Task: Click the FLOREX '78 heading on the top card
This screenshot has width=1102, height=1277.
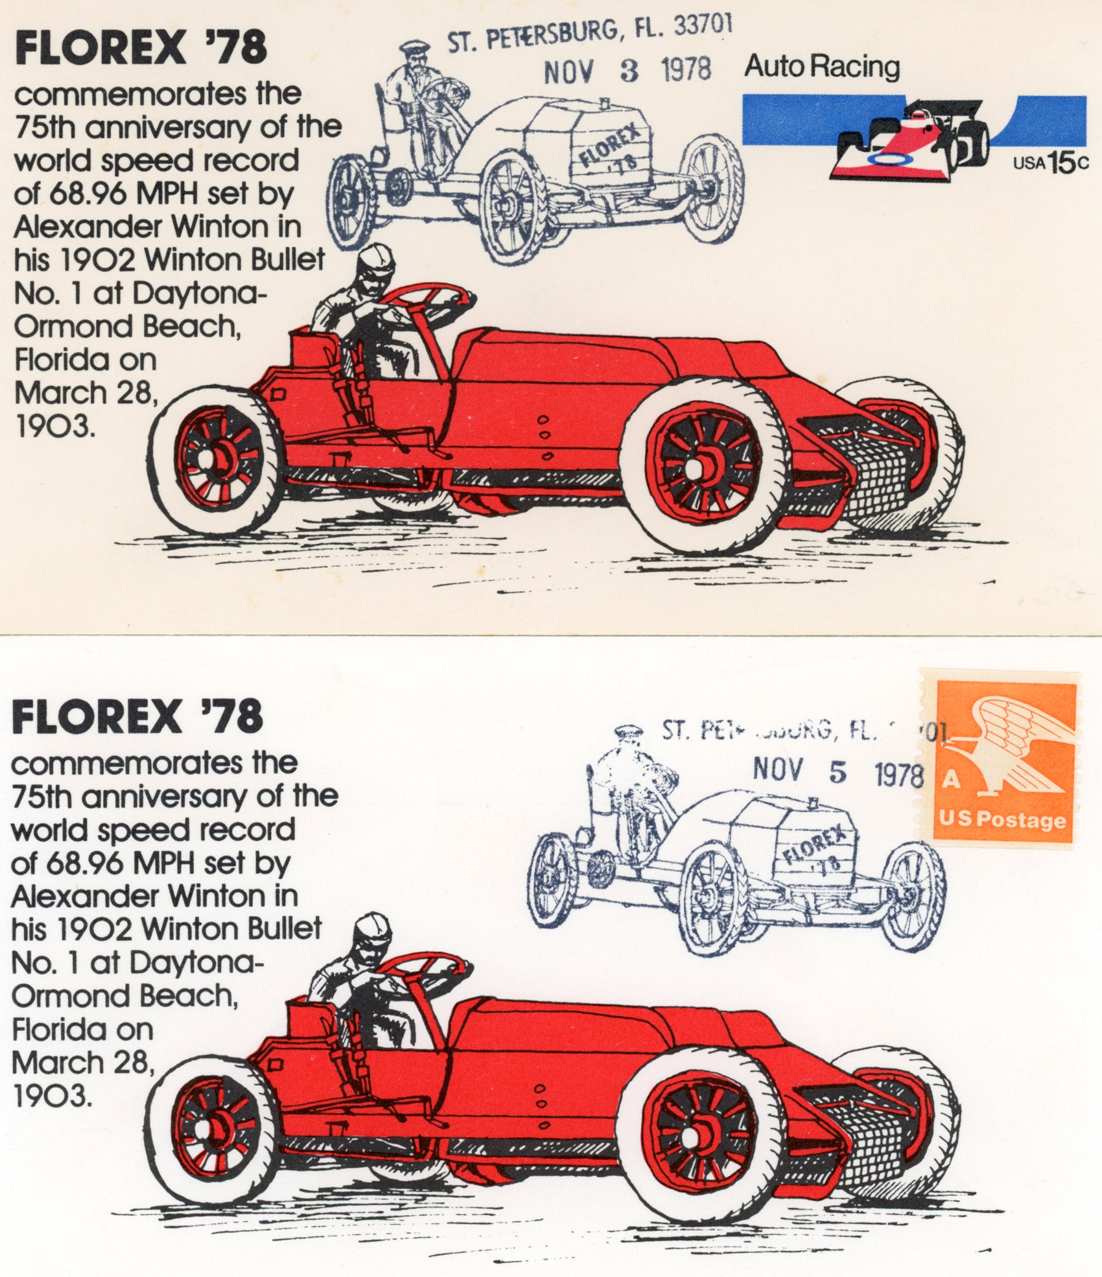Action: click(141, 48)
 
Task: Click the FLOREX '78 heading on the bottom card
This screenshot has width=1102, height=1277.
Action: click(137, 716)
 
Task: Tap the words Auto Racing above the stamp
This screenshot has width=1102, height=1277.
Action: click(822, 66)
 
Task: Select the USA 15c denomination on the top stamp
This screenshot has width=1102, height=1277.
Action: click(1050, 163)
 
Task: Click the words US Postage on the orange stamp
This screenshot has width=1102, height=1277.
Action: click(1002, 820)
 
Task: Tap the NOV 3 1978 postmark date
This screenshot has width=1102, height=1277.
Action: click(627, 71)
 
